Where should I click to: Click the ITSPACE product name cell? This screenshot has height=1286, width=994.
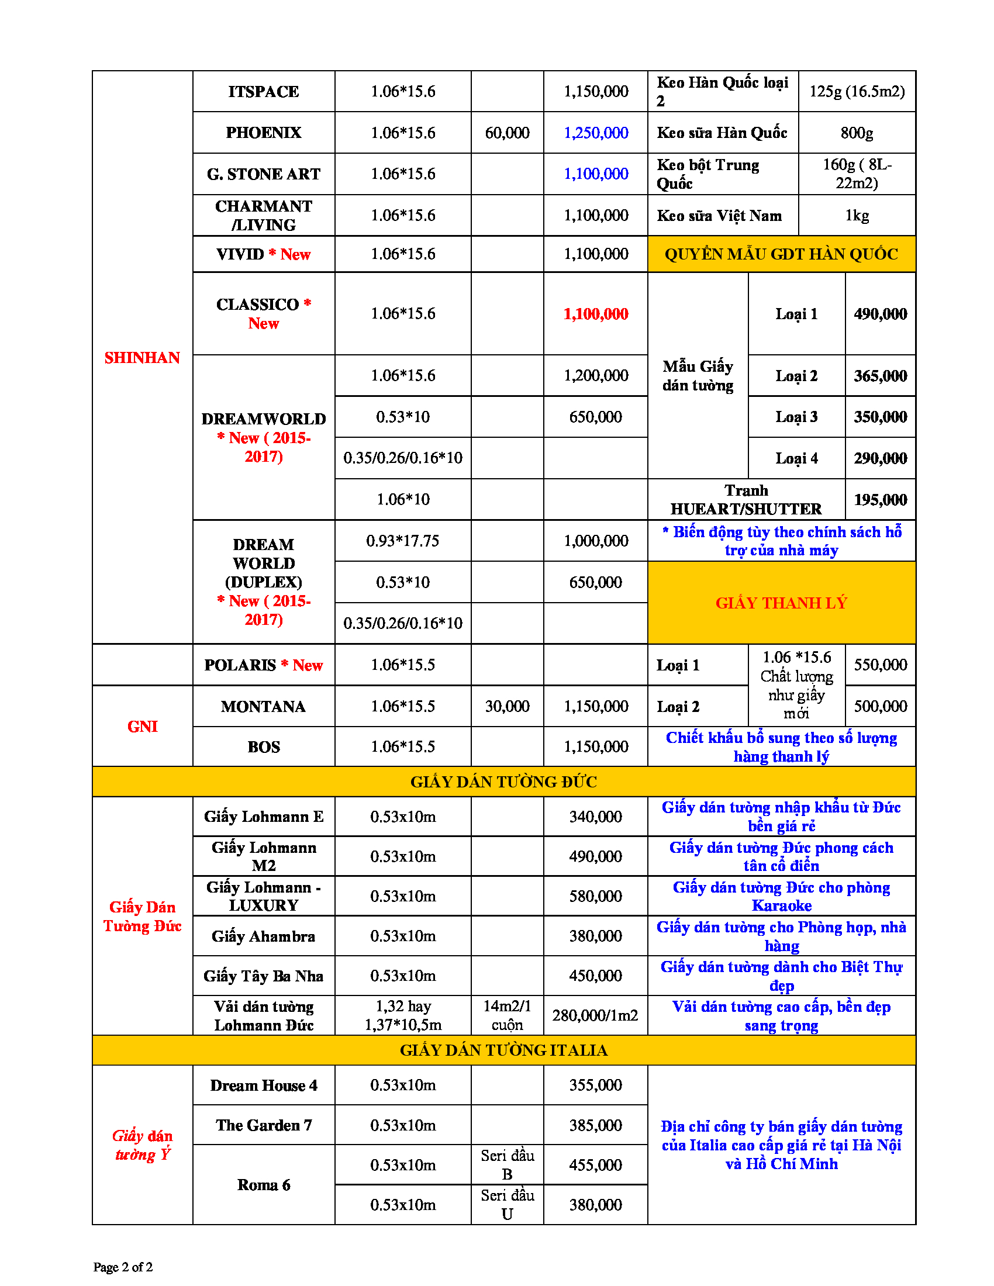[x=263, y=92]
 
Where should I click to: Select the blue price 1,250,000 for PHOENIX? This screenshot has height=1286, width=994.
[x=595, y=133]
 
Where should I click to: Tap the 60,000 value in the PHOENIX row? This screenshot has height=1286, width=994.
[x=506, y=133]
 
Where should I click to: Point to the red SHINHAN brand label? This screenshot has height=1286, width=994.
[x=142, y=358]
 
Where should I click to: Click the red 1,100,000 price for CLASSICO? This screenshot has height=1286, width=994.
[x=595, y=314]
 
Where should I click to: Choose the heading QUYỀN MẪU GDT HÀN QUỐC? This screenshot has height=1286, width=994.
[x=781, y=254]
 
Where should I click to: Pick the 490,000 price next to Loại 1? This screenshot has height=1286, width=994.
[x=880, y=314]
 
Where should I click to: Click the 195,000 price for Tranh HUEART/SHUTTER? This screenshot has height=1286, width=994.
[x=880, y=500]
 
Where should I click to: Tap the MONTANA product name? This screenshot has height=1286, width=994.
[x=263, y=707]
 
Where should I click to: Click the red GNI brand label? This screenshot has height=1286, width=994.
[x=142, y=727]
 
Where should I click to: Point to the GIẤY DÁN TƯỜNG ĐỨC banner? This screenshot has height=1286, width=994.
[x=503, y=782]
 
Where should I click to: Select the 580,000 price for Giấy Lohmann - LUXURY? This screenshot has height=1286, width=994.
[x=595, y=896]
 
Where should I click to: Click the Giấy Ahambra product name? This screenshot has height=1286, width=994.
[x=263, y=936]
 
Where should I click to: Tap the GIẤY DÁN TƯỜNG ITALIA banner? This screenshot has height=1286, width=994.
[x=503, y=1050]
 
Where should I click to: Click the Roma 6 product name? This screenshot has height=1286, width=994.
[x=263, y=1185]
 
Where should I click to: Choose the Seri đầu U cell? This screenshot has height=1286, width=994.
[x=506, y=1205]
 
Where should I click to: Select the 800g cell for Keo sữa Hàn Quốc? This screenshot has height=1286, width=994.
[x=856, y=133]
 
